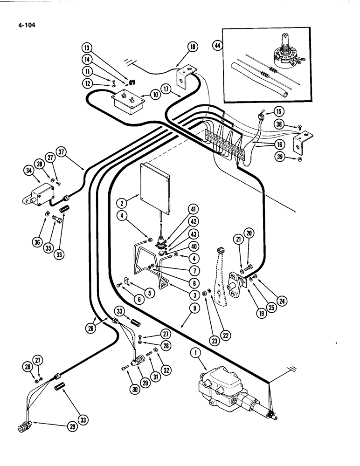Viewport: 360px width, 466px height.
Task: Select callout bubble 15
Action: click(x=278, y=112)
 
